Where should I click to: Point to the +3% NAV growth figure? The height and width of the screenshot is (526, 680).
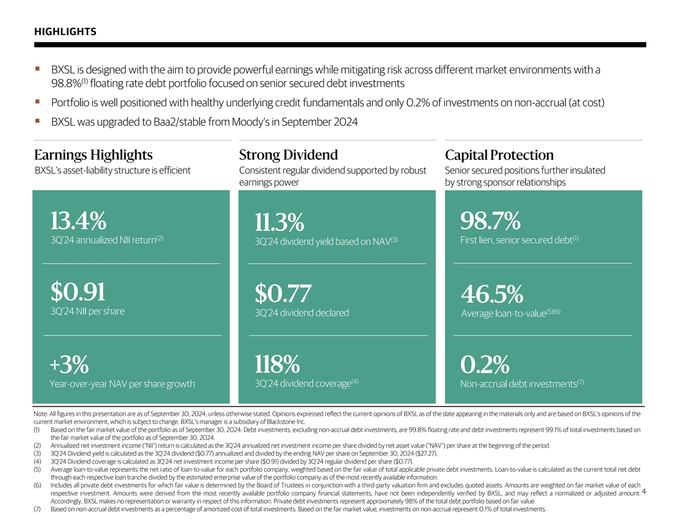pos(69,365)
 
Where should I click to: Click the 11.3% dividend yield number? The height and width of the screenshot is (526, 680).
pos(279,222)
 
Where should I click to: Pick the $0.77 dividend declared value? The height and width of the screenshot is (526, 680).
pos(283,294)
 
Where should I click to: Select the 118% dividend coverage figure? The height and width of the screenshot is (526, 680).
pos(277,365)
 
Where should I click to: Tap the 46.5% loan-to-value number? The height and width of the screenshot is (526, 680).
pos(492,295)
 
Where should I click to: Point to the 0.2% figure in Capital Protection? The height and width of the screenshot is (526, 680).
pos(485,365)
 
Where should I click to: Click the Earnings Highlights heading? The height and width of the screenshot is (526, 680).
pos(93,155)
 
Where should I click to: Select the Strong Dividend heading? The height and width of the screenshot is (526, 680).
pos(288,155)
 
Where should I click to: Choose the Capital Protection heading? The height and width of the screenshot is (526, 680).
pos(499,155)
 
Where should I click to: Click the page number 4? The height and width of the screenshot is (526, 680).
pos(644,493)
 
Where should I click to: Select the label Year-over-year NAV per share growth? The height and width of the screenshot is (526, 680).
pos(122,384)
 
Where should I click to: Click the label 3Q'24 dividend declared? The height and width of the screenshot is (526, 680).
pos(301,313)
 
